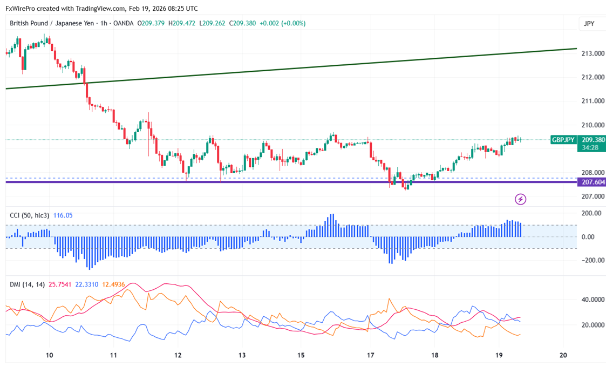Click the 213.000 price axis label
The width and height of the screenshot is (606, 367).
click(592, 53)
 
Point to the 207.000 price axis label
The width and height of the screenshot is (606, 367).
click(592, 196)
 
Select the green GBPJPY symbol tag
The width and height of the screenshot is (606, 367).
click(563, 140)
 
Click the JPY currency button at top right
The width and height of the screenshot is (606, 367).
click(589, 24)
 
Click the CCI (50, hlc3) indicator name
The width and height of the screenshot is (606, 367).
click(30, 215)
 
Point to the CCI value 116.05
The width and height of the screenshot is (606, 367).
click(63, 215)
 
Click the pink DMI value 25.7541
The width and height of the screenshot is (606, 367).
click(60, 284)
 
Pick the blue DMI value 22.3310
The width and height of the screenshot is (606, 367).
click(86, 284)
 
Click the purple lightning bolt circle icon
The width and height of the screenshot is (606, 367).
click(521, 200)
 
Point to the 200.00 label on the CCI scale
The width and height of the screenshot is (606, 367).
click(590, 213)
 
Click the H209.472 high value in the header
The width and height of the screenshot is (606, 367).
click(182, 23)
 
